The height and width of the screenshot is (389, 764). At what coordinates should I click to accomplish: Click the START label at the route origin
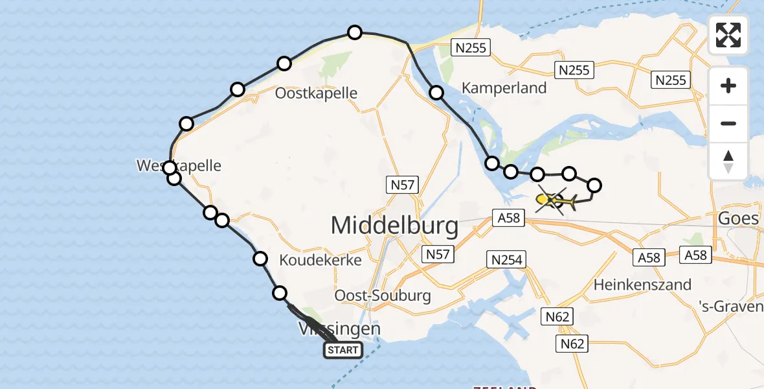click(x=343, y=351)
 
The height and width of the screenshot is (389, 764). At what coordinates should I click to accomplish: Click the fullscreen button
click(x=728, y=35)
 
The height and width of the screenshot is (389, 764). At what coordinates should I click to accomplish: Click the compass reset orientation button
click(x=728, y=161)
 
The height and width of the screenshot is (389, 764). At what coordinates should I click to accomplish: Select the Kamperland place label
click(x=504, y=88)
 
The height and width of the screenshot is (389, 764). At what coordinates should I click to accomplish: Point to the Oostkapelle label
click(x=316, y=93)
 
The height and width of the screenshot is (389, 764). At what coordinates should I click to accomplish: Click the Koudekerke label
click(x=320, y=259)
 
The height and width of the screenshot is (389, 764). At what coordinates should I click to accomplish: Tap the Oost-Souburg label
click(x=383, y=296)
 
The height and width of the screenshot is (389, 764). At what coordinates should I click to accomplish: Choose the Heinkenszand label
click(x=642, y=284)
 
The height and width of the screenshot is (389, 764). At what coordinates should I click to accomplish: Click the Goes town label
click(x=738, y=218)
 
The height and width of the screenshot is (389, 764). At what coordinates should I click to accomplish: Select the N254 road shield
click(x=506, y=260)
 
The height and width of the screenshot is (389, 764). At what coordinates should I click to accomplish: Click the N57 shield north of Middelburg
click(x=403, y=185)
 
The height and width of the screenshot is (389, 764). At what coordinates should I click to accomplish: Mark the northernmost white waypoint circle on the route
click(x=354, y=32)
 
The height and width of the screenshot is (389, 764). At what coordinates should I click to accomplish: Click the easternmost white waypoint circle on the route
click(x=594, y=185)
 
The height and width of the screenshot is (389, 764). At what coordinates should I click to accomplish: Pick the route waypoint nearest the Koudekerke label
click(x=260, y=259)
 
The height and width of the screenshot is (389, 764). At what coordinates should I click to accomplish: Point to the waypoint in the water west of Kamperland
click(x=436, y=93)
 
